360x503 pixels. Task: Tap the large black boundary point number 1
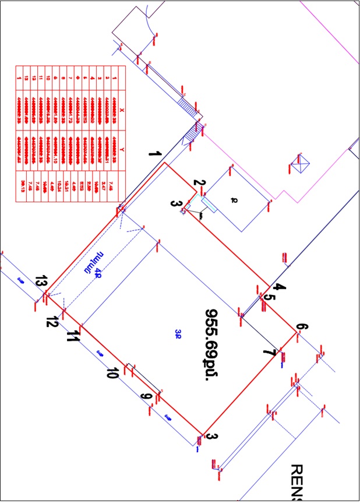pyautogui.click(x=154, y=155)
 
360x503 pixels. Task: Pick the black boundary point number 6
pyautogui.click(x=301, y=327)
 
